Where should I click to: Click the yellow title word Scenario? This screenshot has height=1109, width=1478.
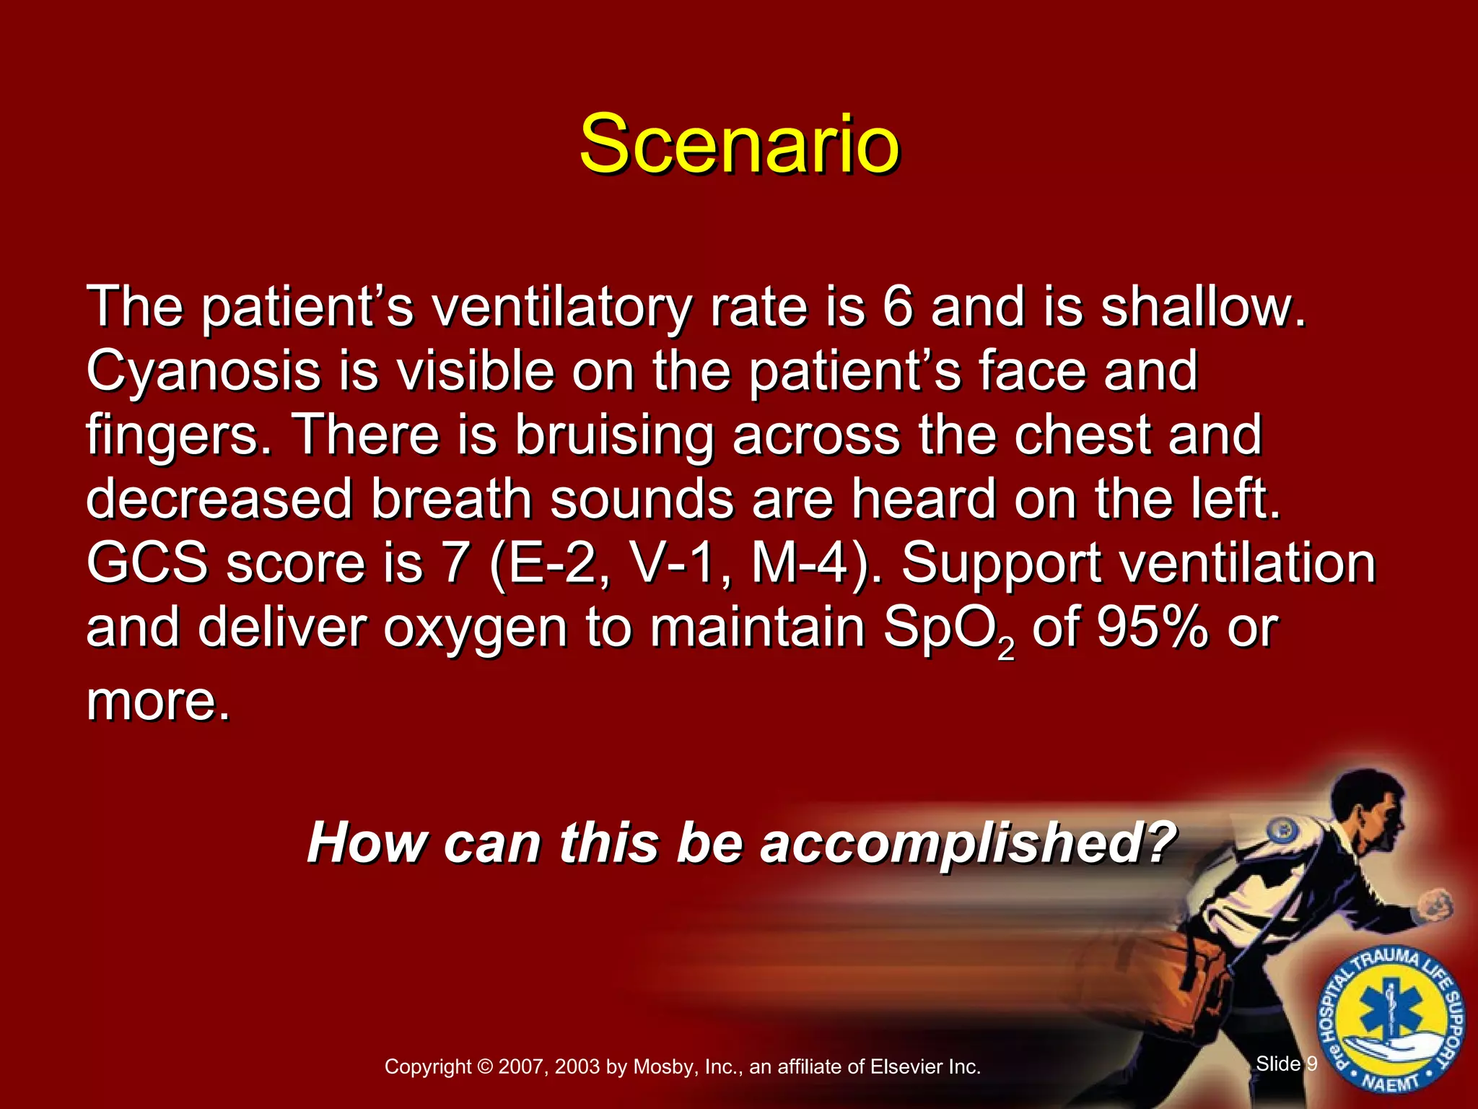point(739,144)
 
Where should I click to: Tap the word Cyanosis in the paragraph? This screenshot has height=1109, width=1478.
point(203,371)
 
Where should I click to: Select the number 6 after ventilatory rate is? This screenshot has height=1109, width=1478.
point(897,307)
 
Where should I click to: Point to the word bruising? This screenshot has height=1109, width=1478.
point(613,436)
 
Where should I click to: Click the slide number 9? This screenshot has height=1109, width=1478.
point(1312,1064)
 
